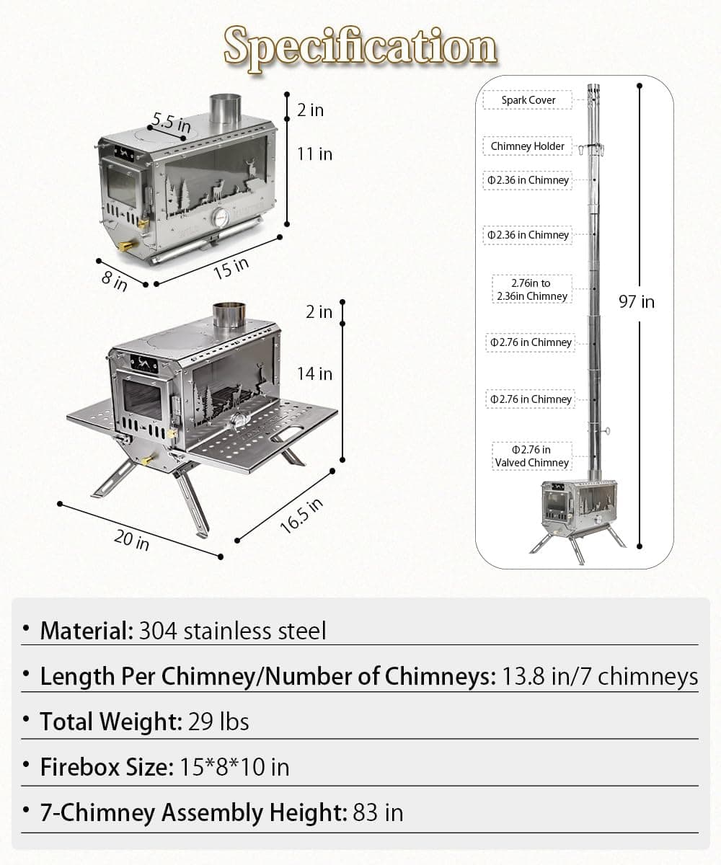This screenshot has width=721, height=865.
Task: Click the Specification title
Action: click(x=360, y=46)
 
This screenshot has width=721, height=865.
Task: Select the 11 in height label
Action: click(x=315, y=154)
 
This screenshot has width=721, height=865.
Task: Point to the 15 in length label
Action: click(x=231, y=268)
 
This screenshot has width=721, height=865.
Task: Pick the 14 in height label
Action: click(x=315, y=373)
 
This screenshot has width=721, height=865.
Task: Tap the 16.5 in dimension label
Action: click(x=301, y=515)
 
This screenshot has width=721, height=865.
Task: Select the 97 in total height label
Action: click(x=637, y=301)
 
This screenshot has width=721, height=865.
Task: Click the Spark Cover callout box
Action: click(x=528, y=100)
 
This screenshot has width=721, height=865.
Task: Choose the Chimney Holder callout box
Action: click(x=528, y=146)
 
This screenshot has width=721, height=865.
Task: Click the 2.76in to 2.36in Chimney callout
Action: click(x=532, y=290)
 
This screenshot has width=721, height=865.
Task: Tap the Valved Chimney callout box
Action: click(x=532, y=456)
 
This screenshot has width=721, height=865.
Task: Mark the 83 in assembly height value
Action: click(x=378, y=813)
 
